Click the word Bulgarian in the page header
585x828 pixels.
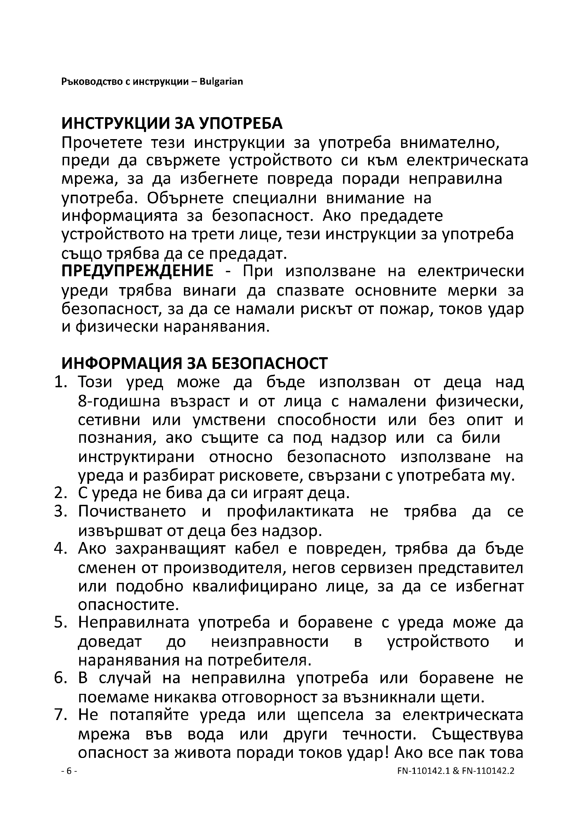click(221, 81)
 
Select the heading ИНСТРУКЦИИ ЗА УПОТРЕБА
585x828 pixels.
click(172, 124)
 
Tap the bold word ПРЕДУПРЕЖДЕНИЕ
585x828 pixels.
click(137, 270)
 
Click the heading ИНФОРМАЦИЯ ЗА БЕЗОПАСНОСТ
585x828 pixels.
click(195, 364)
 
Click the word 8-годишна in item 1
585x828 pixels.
click(119, 401)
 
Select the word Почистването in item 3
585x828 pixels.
click(132, 512)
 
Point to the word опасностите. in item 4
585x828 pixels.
click(129, 604)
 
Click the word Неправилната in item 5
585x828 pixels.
click(134, 622)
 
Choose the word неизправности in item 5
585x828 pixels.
click(270, 641)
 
